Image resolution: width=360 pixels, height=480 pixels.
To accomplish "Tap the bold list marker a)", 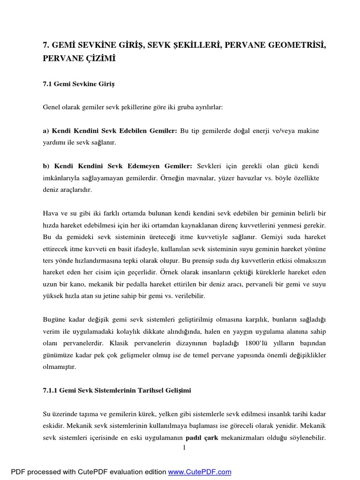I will click(x=46, y=130).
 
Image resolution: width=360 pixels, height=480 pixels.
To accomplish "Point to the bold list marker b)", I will click(x=46, y=166).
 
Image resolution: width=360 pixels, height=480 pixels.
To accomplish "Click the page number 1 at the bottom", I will click(x=185, y=448).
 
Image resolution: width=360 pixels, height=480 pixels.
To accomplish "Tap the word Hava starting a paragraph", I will click(x=50, y=213).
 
